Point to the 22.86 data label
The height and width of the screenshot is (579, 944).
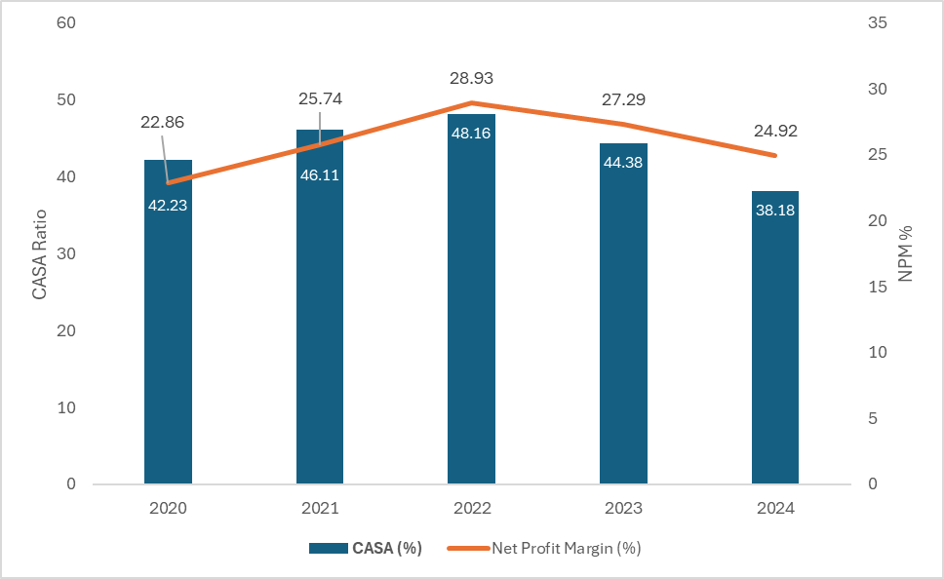tap(162, 122)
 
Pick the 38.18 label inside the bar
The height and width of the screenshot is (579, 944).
tap(774, 209)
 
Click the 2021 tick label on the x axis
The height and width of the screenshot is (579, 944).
tap(320, 509)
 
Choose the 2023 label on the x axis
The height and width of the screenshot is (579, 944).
tap(623, 509)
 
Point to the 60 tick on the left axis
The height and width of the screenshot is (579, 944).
tap(66, 22)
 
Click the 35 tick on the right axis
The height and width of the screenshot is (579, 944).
tap(877, 22)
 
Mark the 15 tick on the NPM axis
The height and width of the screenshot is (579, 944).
tap(877, 287)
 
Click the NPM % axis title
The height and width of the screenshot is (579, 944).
tap(905, 253)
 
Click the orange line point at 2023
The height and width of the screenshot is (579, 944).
tap(623, 124)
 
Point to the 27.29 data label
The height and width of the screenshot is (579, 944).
tap(623, 99)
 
